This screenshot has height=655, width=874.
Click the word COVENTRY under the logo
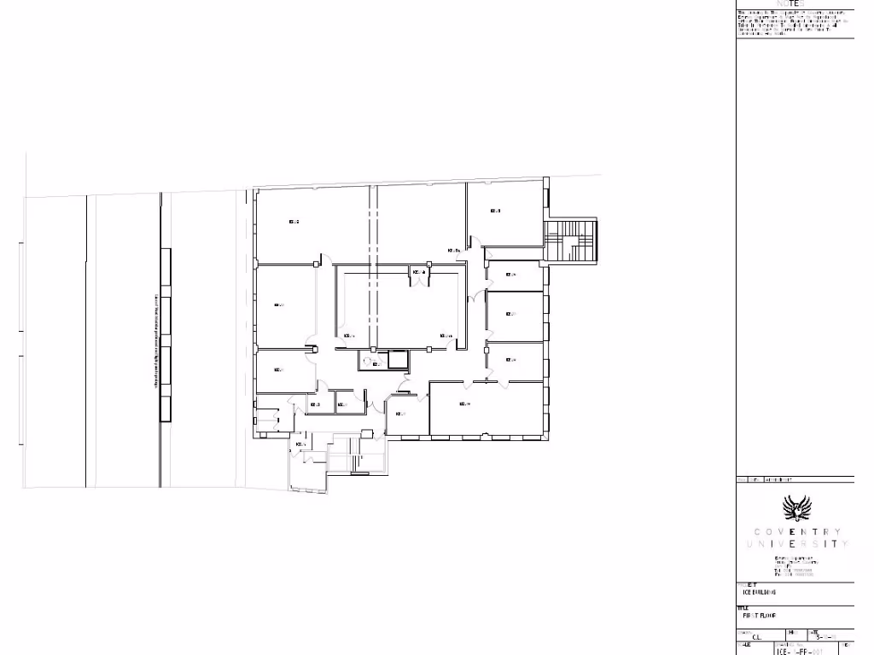tap(797, 532)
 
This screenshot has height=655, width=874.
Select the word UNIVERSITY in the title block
tap(797, 543)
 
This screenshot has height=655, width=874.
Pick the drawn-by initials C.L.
tap(756, 636)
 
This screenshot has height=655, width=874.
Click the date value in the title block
tap(824, 636)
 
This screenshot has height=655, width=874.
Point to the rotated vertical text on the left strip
tap(156, 341)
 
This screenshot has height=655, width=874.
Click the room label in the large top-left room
tap(294, 223)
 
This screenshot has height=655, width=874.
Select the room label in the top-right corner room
tap(495, 211)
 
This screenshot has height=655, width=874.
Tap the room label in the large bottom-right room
tap(466, 403)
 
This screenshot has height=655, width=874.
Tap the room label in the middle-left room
tap(279, 304)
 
